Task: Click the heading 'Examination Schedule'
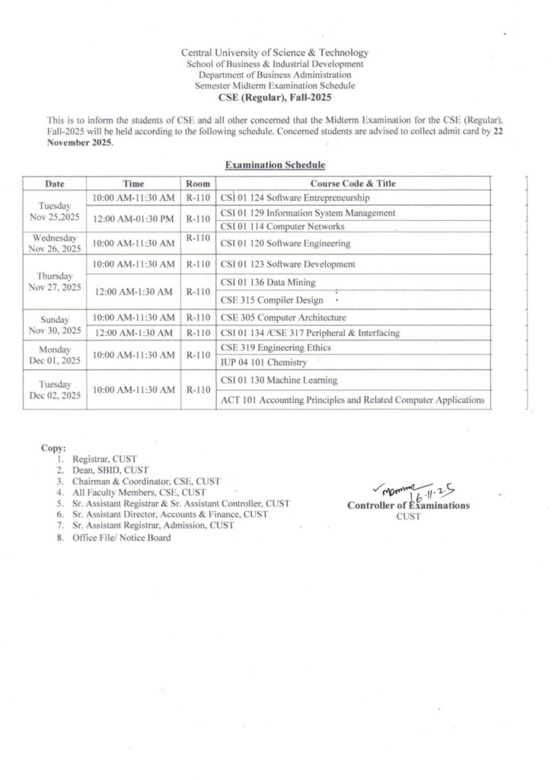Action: coord(275,165)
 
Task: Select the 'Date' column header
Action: coord(54,184)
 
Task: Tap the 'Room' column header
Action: coord(198,184)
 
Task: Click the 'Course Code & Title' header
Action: coord(353,184)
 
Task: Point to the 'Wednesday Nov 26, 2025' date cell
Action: coord(54,243)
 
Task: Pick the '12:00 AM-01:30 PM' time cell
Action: coord(133,219)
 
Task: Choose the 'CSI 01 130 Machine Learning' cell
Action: coord(279,380)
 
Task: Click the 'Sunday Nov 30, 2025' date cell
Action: coord(54,324)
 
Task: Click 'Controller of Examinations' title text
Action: coord(408,505)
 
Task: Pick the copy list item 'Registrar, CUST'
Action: coord(104,461)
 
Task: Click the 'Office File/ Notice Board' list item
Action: coord(121,538)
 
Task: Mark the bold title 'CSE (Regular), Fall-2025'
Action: coord(275,97)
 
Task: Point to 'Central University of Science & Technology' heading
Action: coord(275,53)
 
